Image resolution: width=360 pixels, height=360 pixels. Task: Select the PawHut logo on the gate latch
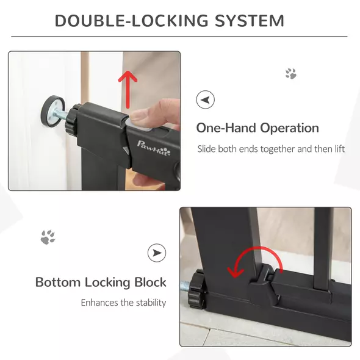click(x=154, y=146)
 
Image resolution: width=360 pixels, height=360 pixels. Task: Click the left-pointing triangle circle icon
click(x=205, y=99)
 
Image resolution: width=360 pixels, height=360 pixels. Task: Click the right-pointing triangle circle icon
click(x=157, y=252)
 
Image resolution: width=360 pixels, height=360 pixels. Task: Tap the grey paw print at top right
click(x=291, y=74)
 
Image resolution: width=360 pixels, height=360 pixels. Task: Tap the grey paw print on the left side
click(x=48, y=237)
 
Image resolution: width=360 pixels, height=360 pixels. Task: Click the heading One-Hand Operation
click(x=257, y=128)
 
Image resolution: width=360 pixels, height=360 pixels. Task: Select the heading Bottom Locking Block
click(x=101, y=283)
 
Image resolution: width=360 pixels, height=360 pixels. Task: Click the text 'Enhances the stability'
click(x=123, y=303)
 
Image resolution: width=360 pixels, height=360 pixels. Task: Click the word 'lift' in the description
click(x=339, y=149)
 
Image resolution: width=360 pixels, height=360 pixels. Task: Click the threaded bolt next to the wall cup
click(x=62, y=114)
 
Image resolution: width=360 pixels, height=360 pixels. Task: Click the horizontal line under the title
click(x=179, y=37)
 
